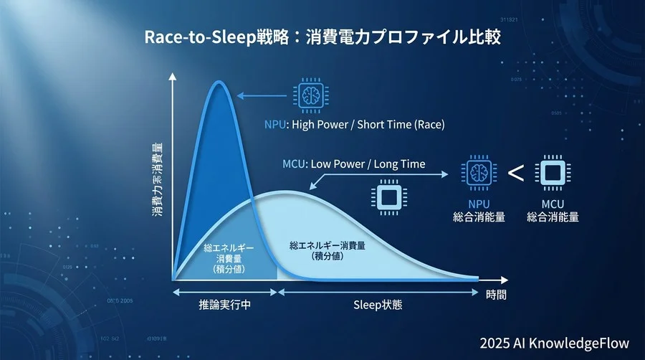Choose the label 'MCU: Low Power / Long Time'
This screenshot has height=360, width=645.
(x=354, y=164)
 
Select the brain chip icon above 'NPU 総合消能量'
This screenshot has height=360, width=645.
(x=478, y=173)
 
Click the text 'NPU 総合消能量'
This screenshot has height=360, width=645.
(x=479, y=211)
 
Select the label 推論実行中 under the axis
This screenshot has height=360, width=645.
(x=224, y=304)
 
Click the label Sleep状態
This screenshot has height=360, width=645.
(x=378, y=304)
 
